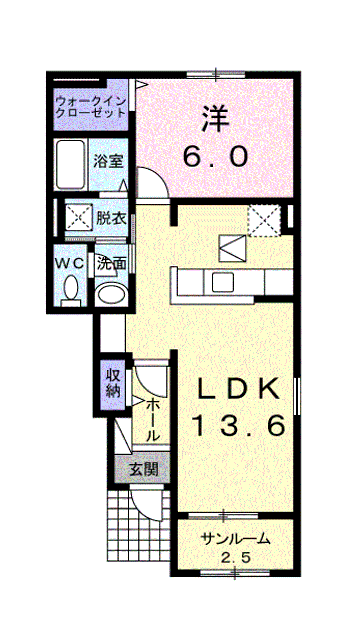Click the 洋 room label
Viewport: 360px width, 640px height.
[x=216, y=119]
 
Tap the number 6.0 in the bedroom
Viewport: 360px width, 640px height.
[x=215, y=156]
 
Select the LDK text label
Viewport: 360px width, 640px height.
[x=238, y=389]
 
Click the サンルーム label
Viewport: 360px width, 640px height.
[x=235, y=539]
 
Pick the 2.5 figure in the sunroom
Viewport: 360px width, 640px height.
[x=236, y=557]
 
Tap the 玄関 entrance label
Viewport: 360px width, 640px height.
[x=144, y=469]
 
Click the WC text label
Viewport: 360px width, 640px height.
[x=70, y=263]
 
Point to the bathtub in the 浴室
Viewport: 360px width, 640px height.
[x=71, y=165]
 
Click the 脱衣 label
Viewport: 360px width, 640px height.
[x=111, y=218]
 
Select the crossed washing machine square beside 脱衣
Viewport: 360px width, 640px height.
[x=79, y=217]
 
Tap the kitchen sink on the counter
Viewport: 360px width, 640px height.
[x=223, y=282]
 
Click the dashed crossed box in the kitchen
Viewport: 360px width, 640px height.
[x=264, y=220]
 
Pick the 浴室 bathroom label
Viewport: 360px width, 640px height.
[x=108, y=161]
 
